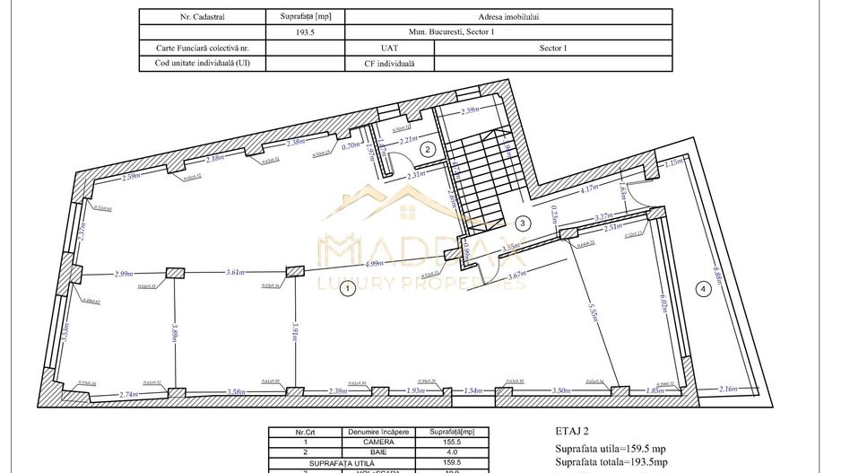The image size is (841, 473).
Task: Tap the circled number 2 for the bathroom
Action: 429,149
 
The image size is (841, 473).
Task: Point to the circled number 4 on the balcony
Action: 703,288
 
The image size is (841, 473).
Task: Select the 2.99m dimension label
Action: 124,273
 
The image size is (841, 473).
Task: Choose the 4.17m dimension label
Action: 589,189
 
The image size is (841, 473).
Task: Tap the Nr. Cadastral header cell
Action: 203,15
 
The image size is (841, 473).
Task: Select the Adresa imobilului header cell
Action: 507,15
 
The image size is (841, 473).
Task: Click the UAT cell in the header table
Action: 389,47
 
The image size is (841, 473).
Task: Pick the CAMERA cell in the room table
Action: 377,441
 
